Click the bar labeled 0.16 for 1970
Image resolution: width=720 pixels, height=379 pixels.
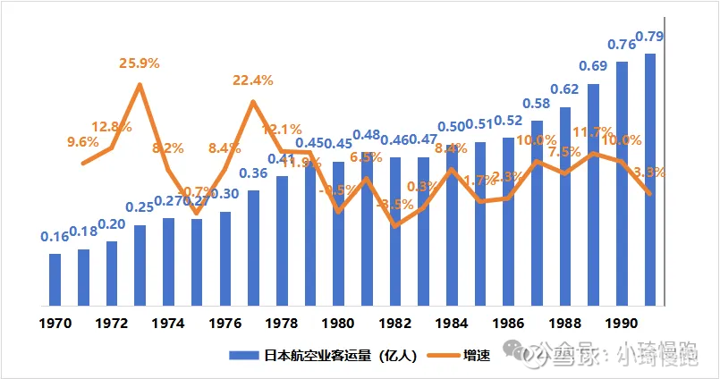tap(55, 279)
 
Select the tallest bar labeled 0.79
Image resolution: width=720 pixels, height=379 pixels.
tap(650, 179)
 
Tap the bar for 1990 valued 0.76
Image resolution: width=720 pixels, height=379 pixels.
tap(622, 183)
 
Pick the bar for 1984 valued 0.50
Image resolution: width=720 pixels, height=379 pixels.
tap(452, 224)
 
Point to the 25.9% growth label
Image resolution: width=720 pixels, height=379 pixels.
tap(140, 63)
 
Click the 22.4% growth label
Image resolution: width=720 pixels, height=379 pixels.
tap(253, 80)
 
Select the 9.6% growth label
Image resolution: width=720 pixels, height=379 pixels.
tap(83, 140)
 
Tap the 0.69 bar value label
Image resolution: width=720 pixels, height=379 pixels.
tap(593, 66)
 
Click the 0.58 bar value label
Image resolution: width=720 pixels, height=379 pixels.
tap(537, 103)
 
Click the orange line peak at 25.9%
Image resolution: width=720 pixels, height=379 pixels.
tap(140, 85)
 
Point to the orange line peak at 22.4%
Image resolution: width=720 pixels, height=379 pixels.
tap(253, 101)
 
